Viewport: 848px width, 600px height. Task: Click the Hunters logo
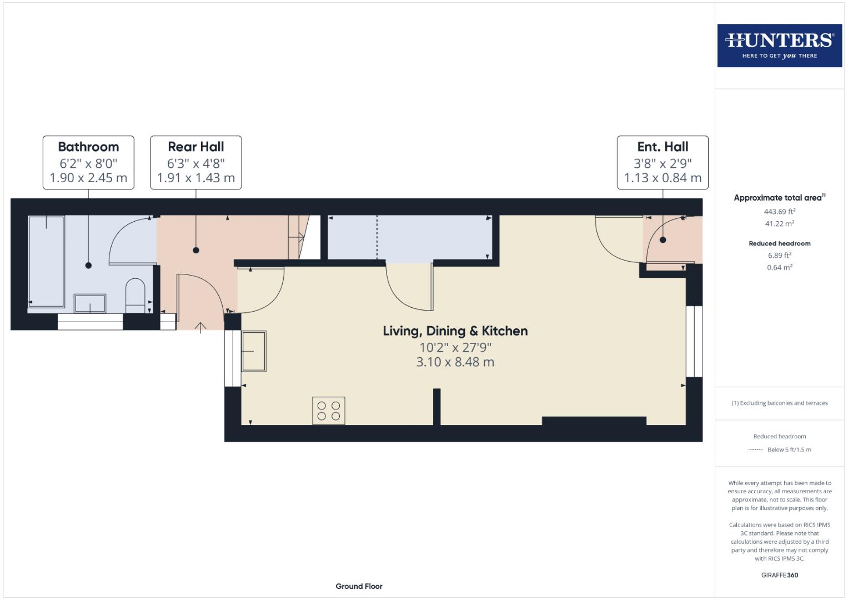pos(779,46)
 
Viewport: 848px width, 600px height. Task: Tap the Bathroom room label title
pos(88,147)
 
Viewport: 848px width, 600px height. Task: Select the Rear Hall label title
pos(195,147)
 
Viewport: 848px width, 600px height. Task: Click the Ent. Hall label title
pos(663,147)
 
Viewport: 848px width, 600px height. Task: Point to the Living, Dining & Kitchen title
pos(455,331)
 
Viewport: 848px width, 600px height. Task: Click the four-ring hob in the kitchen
pos(329,411)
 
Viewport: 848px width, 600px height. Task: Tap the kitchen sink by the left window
pos(254,351)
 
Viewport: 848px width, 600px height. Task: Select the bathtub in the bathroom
pos(46,261)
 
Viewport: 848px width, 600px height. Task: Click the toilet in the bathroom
pos(135,295)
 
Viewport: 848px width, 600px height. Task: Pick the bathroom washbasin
pos(90,304)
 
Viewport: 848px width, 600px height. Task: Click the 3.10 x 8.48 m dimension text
pos(455,362)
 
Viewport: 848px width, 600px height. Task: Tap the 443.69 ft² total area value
pos(779,212)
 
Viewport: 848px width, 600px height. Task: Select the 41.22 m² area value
pos(779,224)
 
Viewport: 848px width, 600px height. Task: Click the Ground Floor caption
pos(359,586)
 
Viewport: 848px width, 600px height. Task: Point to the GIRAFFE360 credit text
pos(779,575)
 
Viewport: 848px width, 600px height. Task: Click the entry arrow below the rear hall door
pos(200,327)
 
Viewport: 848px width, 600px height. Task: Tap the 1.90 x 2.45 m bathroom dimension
pos(88,178)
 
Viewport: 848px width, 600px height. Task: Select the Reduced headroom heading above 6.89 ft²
pos(779,243)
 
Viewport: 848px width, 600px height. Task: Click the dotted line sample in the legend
pos(755,450)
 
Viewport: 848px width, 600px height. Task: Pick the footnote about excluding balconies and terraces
pos(779,403)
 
